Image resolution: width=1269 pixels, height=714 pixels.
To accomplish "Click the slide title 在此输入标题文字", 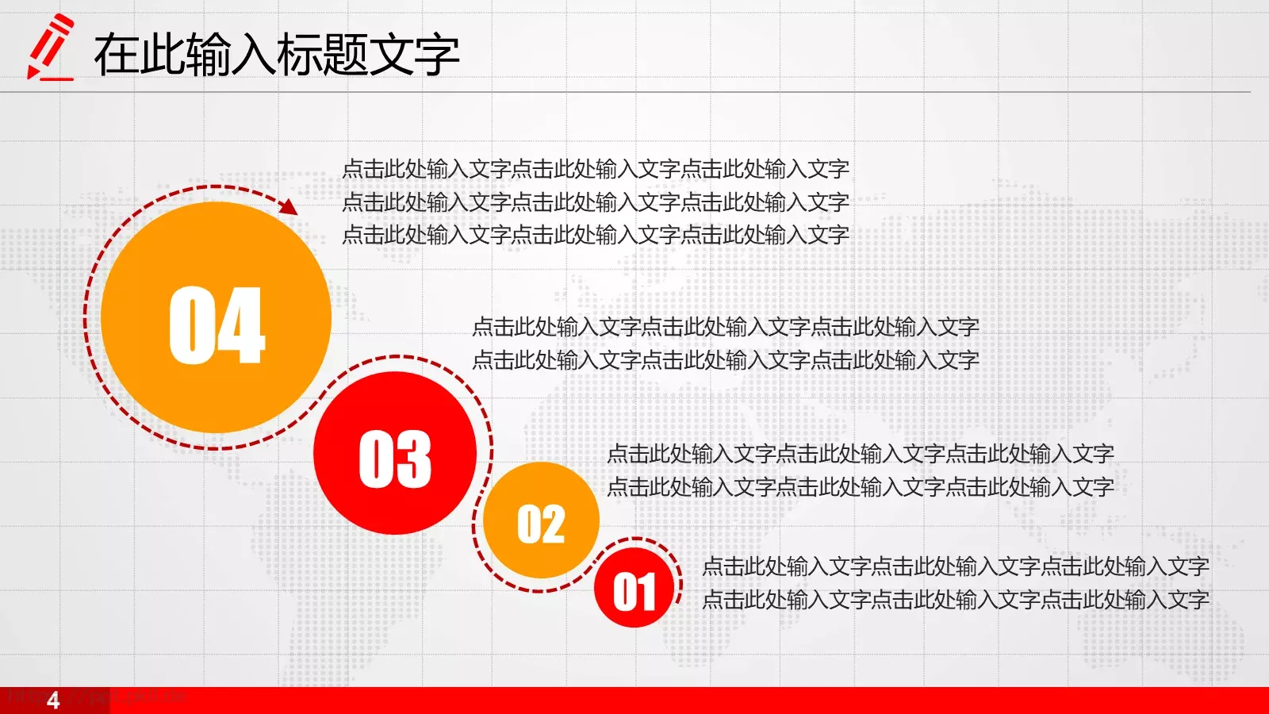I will (x=277, y=55).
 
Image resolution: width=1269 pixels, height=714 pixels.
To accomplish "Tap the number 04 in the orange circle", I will (x=217, y=325).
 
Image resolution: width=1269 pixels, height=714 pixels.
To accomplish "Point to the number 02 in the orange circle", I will (x=541, y=524).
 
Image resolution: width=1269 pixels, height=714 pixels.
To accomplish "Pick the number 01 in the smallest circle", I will (x=634, y=592).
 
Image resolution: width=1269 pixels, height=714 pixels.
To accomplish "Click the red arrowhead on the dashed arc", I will (x=289, y=207).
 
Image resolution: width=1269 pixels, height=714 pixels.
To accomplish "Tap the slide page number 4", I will (x=53, y=701).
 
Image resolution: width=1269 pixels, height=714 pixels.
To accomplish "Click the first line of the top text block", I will (x=595, y=169).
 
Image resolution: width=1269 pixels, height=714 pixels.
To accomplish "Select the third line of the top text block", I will (x=595, y=235).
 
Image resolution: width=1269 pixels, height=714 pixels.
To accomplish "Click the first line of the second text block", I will (x=725, y=327).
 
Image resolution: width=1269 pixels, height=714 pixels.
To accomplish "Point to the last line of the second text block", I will (x=725, y=360).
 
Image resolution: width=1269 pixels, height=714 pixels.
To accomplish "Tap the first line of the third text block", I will (x=860, y=454).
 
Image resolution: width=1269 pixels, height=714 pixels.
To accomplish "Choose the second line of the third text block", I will (x=860, y=487).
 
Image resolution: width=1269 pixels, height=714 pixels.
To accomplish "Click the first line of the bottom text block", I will (x=955, y=566).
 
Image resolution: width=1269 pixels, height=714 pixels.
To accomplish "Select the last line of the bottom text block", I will (x=955, y=600).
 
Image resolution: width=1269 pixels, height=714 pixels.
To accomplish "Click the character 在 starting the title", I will (x=117, y=55).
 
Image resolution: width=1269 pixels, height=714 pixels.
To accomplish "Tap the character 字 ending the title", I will (x=437, y=55).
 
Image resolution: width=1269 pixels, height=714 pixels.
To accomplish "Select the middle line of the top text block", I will (x=595, y=202).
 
